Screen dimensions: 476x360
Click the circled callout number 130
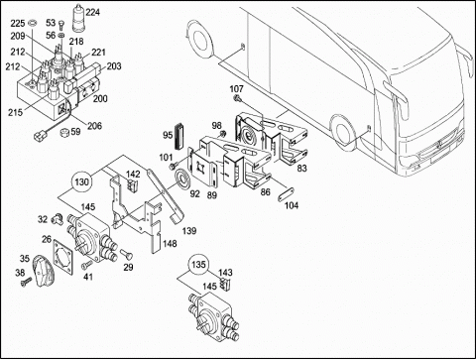point(81,181)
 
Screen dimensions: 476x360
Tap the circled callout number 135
point(198,265)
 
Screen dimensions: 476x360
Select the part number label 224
point(92,12)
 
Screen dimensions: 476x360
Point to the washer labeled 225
point(33,24)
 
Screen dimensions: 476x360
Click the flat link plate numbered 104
point(286,194)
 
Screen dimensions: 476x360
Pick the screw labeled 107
point(237,98)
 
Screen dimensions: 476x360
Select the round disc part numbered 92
point(182,179)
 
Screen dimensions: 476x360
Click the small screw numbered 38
point(26,282)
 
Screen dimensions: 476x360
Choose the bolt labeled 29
point(127,254)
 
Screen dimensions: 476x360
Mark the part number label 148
point(170,244)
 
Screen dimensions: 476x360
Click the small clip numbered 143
point(226,284)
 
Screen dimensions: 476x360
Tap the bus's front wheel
point(343,131)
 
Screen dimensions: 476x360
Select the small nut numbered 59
point(63,133)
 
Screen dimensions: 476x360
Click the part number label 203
point(114,66)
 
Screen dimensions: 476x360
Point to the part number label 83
point(301,169)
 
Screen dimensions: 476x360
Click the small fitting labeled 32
point(57,218)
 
